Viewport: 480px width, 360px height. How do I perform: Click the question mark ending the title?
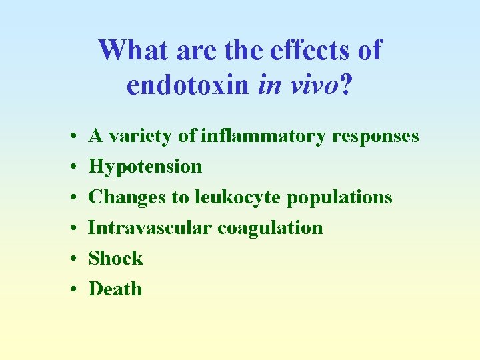[x=345, y=85]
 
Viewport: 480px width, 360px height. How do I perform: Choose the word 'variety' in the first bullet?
[x=140, y=136]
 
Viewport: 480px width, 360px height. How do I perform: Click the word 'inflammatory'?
[x=264, y=136]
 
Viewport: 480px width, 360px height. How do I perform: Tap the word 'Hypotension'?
[x=145, y=166]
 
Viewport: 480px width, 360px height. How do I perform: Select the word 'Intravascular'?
[x=150, y=227]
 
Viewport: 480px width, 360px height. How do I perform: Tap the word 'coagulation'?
[x=270, y=227]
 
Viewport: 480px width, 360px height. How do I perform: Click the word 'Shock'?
[x=115, y=258]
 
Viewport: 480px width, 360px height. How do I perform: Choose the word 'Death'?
[x=115, y=289]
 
